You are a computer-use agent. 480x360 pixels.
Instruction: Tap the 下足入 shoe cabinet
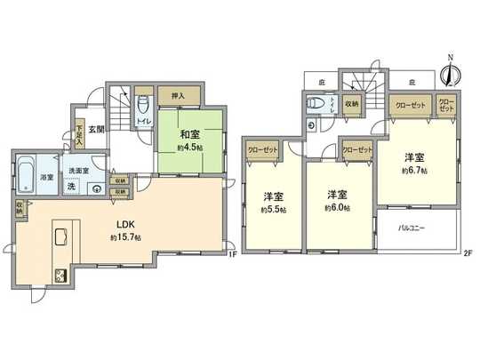coord(79,133)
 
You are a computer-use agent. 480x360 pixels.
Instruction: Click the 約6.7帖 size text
coord(413,170)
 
